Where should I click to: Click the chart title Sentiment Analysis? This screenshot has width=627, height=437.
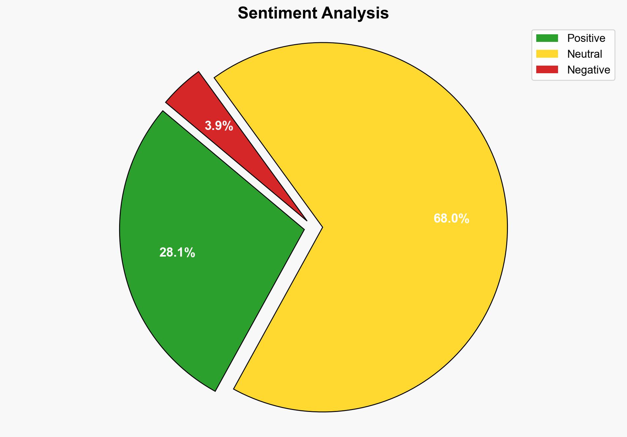[313, 14]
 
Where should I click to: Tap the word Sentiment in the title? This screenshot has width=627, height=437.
[277, 14]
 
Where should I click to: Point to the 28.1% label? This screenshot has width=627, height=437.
[177, 253]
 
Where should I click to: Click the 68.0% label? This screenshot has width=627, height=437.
[451, 219]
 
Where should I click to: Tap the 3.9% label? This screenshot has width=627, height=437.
[219, 126]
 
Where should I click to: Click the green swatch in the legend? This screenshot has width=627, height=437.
[547, 38]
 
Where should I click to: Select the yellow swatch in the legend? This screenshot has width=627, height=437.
[547, 54]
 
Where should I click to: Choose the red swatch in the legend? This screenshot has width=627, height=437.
[547, 70]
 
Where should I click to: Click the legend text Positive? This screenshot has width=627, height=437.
[586, 38]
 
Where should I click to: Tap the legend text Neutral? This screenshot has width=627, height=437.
[584, 54]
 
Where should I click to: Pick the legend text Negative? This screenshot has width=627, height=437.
[588, 70]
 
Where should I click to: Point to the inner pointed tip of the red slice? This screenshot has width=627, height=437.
[307, 220]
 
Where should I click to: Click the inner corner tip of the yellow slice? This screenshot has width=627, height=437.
[322, 227]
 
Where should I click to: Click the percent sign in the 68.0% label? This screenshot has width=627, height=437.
[464, 219]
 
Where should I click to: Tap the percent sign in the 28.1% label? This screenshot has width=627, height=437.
[190, 253]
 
